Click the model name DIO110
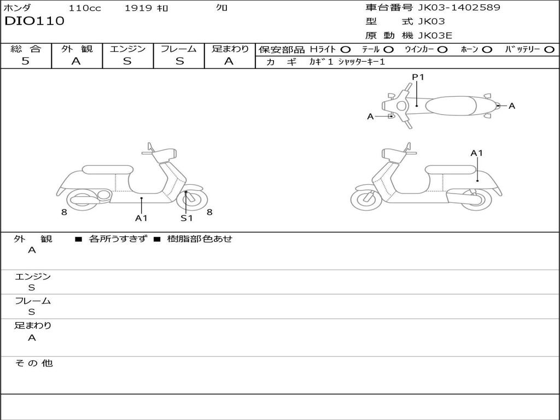(34, 21)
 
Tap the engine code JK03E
(435, 36)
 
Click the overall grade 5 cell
(26, 61)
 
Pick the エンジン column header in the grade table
(127, 49)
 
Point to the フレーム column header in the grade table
(179, 49)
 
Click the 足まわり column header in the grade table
(230, 49)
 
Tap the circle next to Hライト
(346, 49)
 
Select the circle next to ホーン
(487, 49)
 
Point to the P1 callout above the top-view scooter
(418, 77)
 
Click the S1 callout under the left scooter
(186, 218)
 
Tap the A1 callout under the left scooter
(142, 218)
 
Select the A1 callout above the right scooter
(477, 153)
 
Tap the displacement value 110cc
(85, 8)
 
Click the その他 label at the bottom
(34, 363)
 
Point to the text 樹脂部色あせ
(199, 239)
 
